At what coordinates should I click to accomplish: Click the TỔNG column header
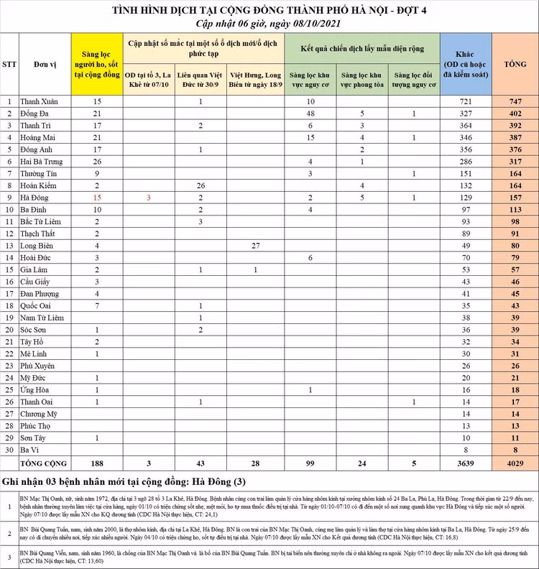coord(515,65)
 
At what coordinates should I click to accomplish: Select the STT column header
coord(9,65)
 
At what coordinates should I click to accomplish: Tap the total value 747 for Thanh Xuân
coord(515,102)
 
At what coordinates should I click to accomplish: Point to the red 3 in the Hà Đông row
coord(148,197)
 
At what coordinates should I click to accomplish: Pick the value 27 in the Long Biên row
coord(255,245)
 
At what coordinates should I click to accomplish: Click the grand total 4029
coord(515,463)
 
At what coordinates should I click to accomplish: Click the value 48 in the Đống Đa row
coord(310,114)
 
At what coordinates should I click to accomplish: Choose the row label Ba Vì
coord(35,449)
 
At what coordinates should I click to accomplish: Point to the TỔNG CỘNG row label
coord(43,463)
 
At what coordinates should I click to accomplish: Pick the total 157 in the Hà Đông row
coord(515,197)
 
